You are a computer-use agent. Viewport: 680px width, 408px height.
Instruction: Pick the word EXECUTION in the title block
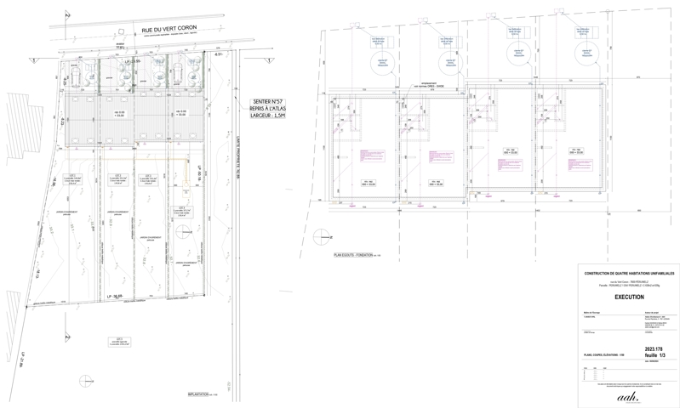pyautogui.click(x=629, y=298)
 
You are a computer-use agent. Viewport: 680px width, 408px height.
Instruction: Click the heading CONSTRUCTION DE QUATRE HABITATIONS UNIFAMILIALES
pyautogui.click(x=629, y=273)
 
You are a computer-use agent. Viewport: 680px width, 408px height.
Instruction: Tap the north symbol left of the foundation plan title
pyautogui.click(x=320, y=236)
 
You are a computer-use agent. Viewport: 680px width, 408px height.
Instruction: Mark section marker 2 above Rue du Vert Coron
pyautogui.click(x=68, y=14)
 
